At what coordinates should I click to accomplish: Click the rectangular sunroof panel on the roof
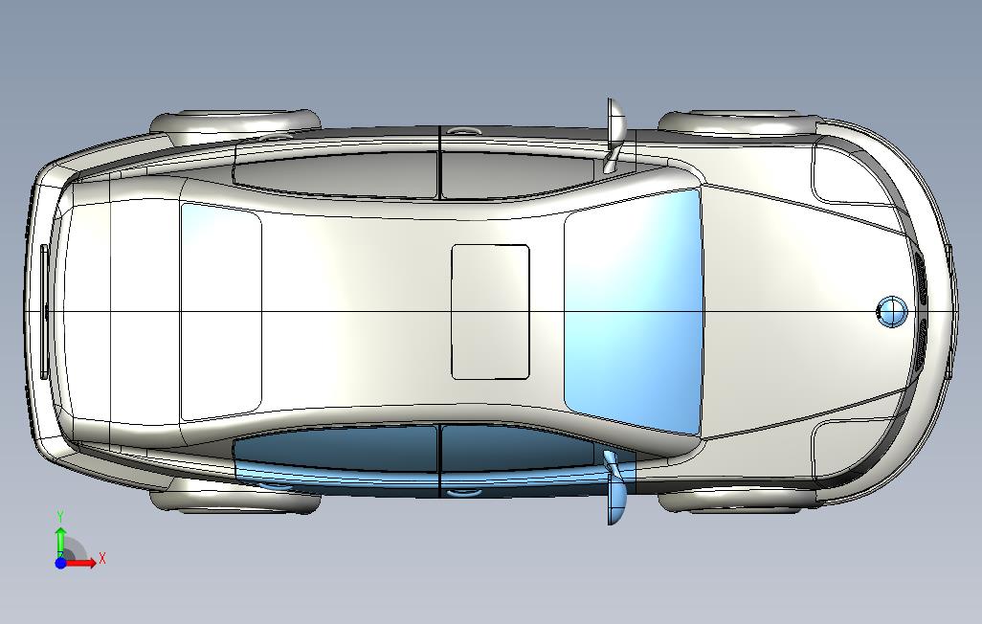[x=490, y=312]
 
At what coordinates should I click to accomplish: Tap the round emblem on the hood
[x=892, y=311]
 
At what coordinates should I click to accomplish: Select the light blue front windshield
[x=634, y=311]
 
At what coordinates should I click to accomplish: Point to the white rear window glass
[x=220, y=311]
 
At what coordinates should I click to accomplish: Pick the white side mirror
[x=615, y=135]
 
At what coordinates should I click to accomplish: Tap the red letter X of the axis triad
[x=102, y=558]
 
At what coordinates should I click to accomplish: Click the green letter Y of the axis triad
[x=60, y=516]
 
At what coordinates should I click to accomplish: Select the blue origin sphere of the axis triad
[x=60, y=563]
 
